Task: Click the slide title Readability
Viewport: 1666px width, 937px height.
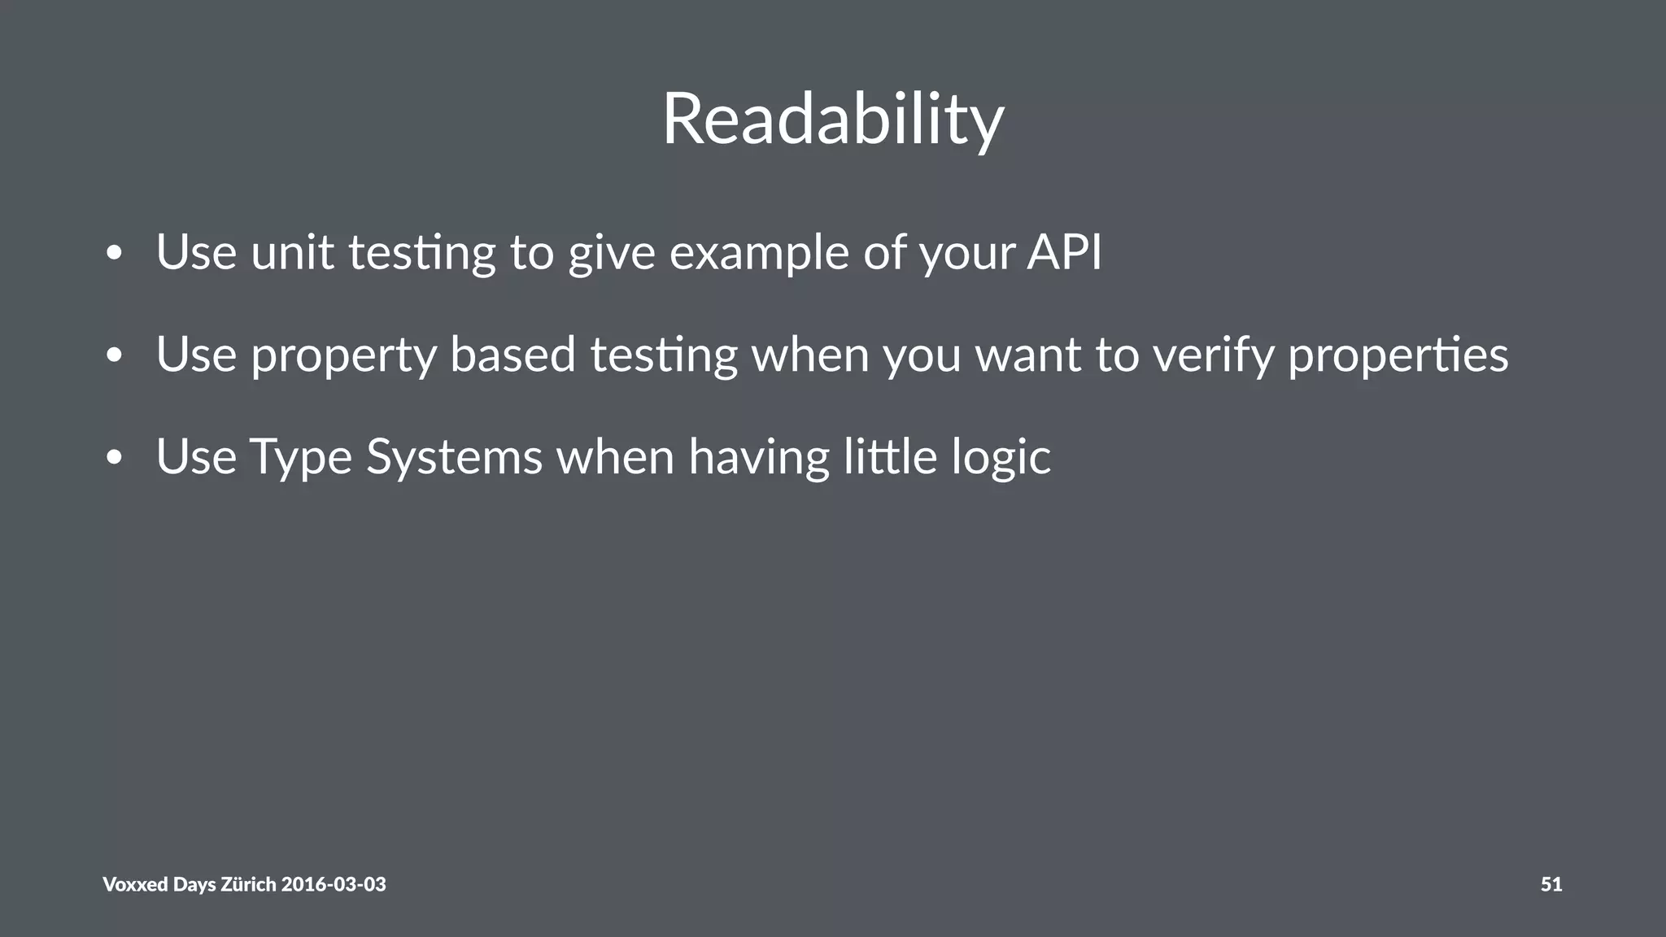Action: [x=833, y=120]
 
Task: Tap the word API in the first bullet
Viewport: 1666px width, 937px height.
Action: [x=1064, y=252]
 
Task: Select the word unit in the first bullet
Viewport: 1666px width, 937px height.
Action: [x=292, y=252]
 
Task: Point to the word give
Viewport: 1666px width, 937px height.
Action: [x=612, y=254]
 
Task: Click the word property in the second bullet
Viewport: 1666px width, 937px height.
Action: [x=343, y=356]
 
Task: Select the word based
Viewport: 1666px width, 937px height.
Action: [x=512, y=355]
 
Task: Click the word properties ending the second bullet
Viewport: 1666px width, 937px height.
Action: [x=1398, y=356]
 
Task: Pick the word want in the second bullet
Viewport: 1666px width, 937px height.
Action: [x=1028, y=356]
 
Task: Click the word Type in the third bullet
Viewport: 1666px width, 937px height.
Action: [x=301, y=458]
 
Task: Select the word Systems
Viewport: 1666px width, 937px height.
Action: [x=454, y=458]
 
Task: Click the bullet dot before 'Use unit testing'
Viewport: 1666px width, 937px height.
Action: [x=114, y=254]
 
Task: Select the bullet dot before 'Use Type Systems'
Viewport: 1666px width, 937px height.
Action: [x=114, y=458]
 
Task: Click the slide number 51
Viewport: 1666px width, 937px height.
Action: [x=1550, y=884]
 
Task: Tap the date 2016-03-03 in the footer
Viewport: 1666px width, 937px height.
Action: [x=334, y=884]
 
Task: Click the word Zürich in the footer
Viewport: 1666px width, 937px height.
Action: [x=248, y=884]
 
